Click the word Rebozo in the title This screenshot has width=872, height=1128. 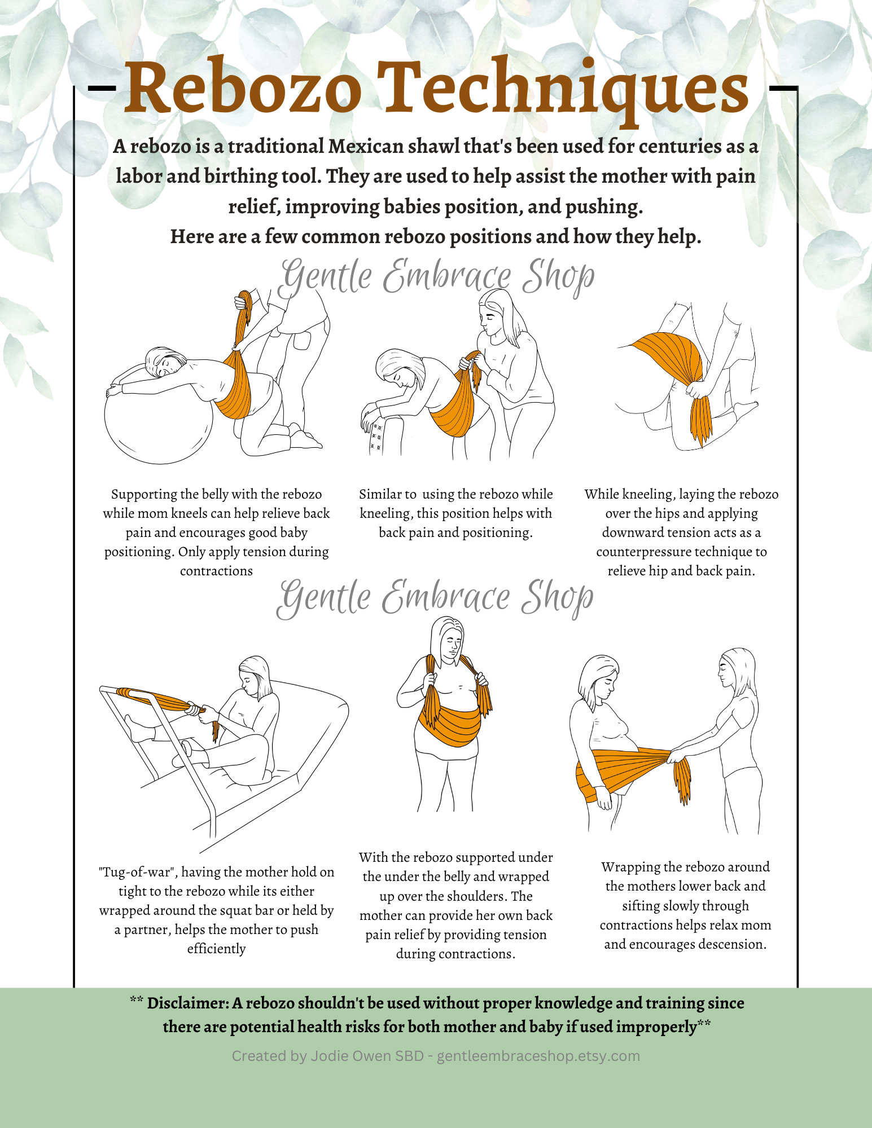tap(243, 89)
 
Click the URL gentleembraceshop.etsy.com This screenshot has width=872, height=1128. tap(538, 1056)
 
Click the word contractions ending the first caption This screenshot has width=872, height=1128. tap(216, 571)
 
